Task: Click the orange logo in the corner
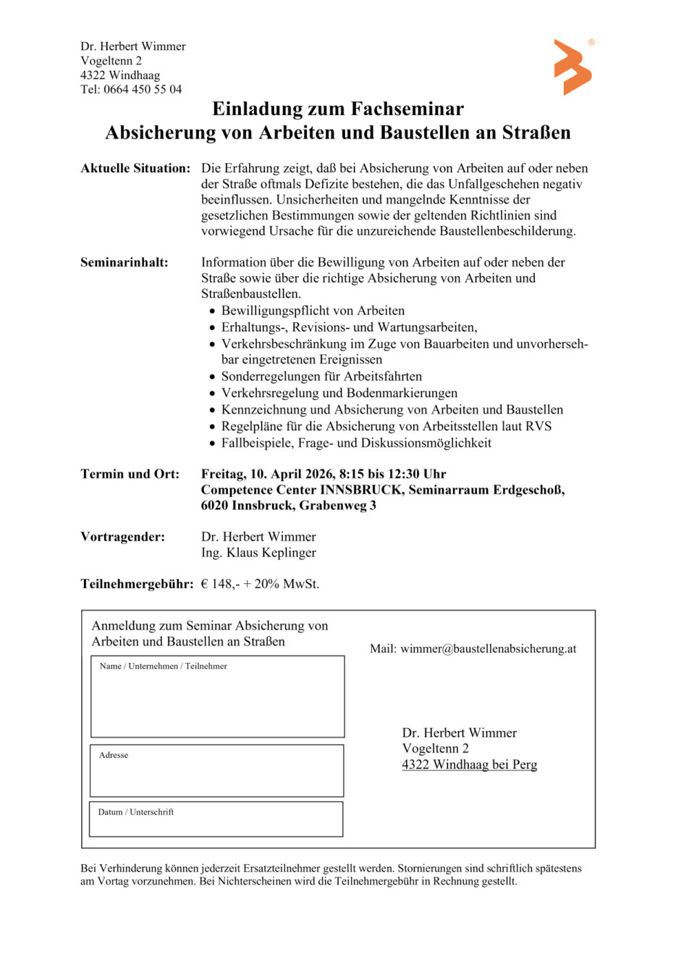(x=573, y=67)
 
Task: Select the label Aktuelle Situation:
(x=135, y=168)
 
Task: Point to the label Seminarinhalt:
(x=124, y=262)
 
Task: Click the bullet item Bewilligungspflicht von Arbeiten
(x=313, y=311)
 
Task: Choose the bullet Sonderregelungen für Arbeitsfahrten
(x=321, y=376)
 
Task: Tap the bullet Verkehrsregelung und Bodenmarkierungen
(x=339, y=393)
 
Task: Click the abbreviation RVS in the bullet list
(x=538, y=426)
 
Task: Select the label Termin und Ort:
(x=130, y=474)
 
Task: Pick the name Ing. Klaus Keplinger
(x=258, y=552)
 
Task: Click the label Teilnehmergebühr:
(x=137, y=584)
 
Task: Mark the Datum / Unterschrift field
(x=216, y=823)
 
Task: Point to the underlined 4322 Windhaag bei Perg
(x=469, y=764)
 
